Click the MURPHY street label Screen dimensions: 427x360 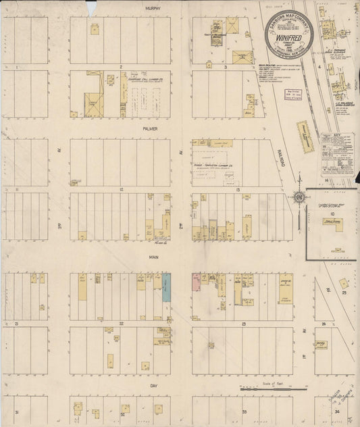150,7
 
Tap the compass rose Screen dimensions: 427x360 298,197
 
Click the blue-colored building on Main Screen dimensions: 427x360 166,287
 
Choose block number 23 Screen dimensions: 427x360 242,324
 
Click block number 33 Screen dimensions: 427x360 244,410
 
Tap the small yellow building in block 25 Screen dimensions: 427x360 344,284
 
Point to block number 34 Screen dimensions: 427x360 337,410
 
